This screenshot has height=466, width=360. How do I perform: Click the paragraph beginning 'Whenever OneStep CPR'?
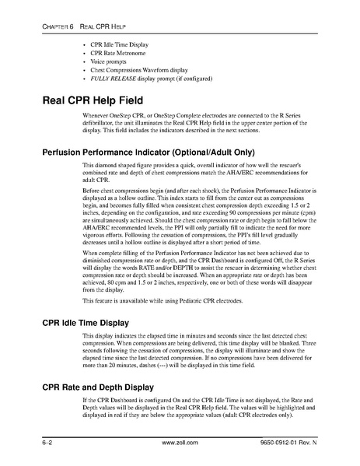click(x=194, y=127)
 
